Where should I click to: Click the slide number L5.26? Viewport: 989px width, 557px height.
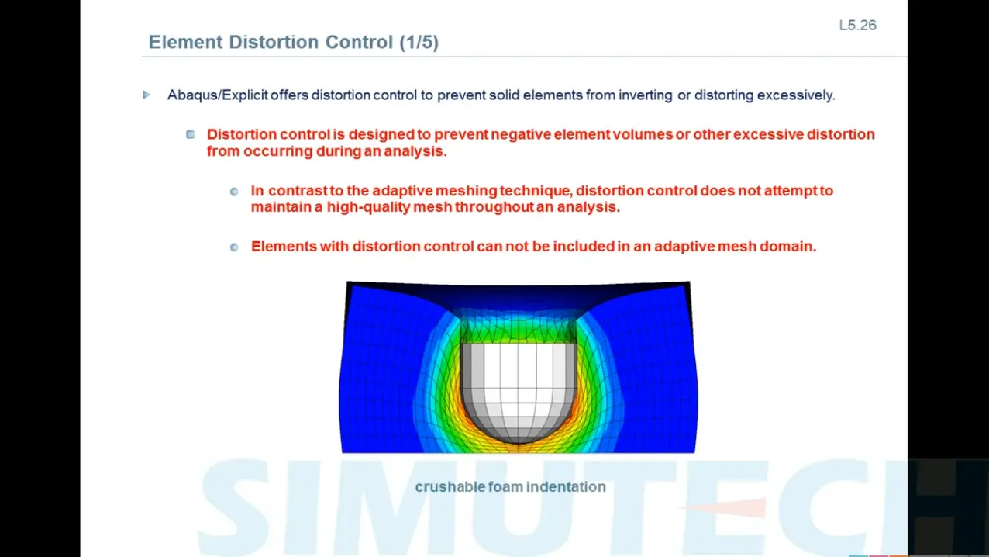(x=857, y=26)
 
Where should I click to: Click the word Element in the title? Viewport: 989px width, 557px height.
(x=185, y=42)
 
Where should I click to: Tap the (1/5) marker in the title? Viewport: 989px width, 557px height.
(x=419, y=43)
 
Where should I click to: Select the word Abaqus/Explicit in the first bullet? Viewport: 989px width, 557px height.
(x=218, y=95)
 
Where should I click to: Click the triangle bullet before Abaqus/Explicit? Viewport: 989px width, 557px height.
(x=146, y=95)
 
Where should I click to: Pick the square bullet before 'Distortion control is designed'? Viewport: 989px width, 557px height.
(x=191, y=134)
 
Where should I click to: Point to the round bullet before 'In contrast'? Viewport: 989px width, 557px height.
(x=234, y=192)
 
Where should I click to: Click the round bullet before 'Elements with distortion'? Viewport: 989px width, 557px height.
(x=234, y=247)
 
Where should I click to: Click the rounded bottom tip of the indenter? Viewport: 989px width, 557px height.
(x=519, y=443)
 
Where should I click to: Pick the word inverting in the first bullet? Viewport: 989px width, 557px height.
(x=646, y=95)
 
